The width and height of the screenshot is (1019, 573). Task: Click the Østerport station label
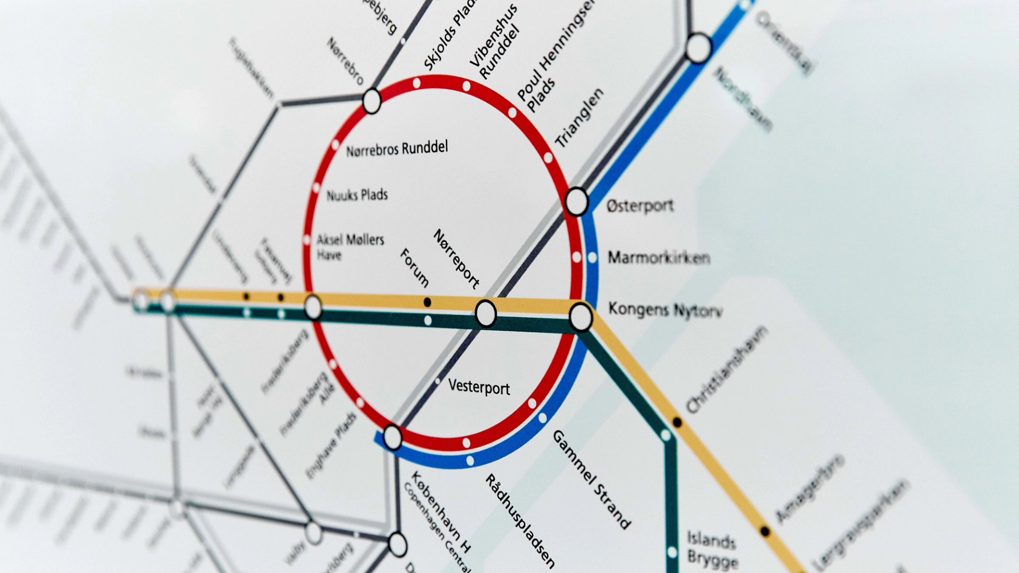coord(640,205)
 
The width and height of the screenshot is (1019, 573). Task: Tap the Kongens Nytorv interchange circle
coord(581,317)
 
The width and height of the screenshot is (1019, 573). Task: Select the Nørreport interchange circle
coord(486,313)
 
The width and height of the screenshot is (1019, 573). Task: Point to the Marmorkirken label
coord(659,258)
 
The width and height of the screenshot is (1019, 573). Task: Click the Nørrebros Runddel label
coord(397,149)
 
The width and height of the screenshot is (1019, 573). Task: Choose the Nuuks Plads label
coord(357,195)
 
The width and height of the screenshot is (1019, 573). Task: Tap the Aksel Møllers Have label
coord(350,247)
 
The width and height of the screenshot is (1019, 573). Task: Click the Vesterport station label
coord(479,387)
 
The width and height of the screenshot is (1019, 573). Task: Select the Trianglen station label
coord(580,118)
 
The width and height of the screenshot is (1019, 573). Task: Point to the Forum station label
coord(414,267)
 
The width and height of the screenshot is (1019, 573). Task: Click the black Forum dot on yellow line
coord(427,302)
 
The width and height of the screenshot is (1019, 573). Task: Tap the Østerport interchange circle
coord(577,202)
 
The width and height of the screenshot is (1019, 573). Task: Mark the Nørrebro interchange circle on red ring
coord(372,100)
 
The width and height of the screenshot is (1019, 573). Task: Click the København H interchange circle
coord(392,437)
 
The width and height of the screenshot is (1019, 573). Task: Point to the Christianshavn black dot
coord(677,422)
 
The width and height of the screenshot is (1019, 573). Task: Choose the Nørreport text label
coord(456,258)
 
